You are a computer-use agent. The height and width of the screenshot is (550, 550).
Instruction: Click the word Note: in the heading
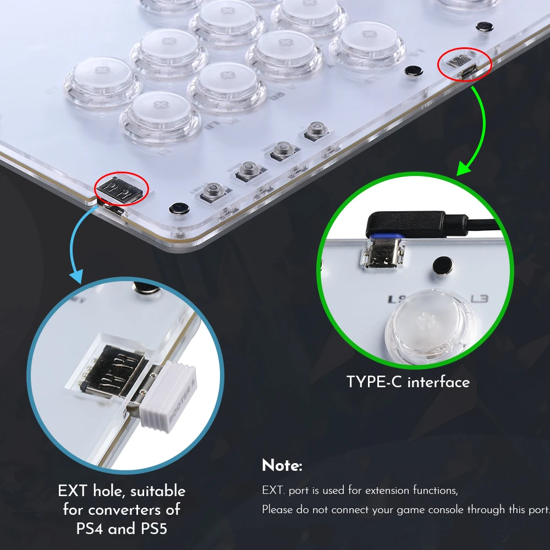[x=282, y=466]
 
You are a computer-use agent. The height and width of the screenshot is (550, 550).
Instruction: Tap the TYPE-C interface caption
[x=408, y=382]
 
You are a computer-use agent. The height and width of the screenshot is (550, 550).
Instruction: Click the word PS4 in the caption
[x=92, y=529]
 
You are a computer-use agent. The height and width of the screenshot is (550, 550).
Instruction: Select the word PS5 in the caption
[x=150, y=529]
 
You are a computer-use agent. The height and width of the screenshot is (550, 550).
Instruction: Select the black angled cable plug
[x=407, y=223]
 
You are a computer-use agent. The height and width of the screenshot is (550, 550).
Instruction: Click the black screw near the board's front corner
[x=177, y=208]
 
